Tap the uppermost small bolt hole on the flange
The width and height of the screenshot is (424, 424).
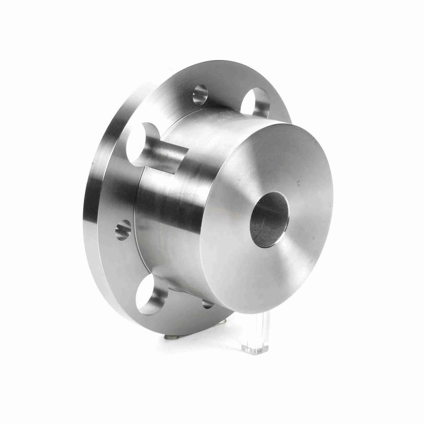pos(200,95)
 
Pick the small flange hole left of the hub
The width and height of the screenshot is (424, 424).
pos(123,229)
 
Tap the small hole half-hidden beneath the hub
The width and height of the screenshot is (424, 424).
pos(208,303)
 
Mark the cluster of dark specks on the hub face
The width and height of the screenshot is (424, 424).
pos(300,182)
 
